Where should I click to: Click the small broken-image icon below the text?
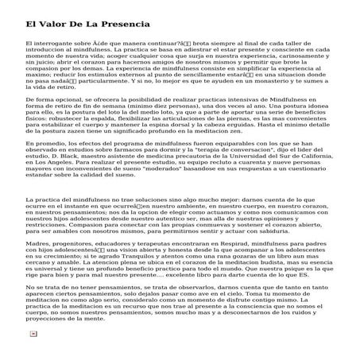click(33, 355)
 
